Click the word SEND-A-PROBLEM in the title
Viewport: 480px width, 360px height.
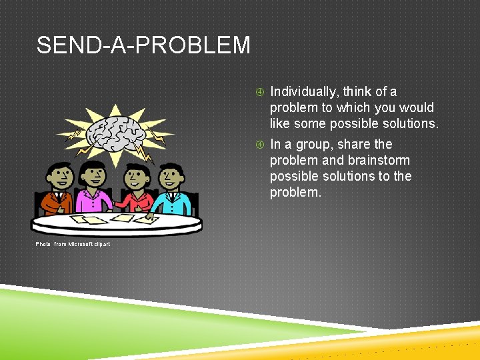tap(143, 46)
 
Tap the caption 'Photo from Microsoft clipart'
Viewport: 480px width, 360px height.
tap(73, 245)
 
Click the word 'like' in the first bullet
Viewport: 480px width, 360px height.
tap(281, 123)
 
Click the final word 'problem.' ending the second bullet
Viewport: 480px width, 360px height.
tap(295, 192)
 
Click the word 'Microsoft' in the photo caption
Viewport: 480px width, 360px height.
tap(81, 245)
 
